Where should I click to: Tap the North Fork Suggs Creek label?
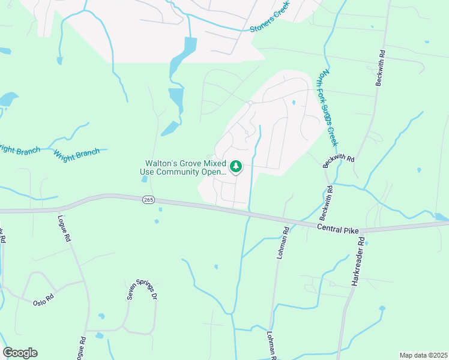click(x=329, y=108)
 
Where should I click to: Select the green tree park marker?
click(x=236, y=166)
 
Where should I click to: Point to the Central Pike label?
click(x=338, y=227)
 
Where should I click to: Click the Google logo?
click(x=20, y=353)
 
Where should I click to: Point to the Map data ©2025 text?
click(x=423, y=355)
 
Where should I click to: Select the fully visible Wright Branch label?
click(x=76, y=154)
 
